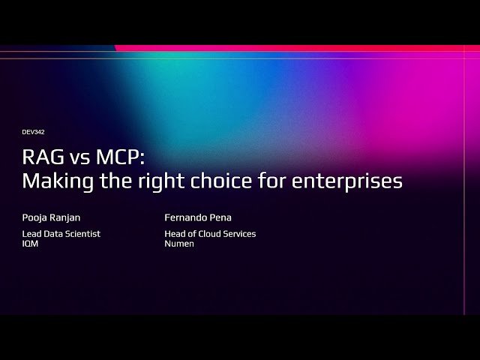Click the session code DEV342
[x=34, y=132]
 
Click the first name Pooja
[x=34, y=218]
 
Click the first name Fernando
[x=187, y=217]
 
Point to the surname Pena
[x=222, y=217]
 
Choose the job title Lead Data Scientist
[x=61, y=234]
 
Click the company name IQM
[x=30, y=244]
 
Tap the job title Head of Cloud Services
[x=210, y=234]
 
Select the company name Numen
[x=179, y=244]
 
